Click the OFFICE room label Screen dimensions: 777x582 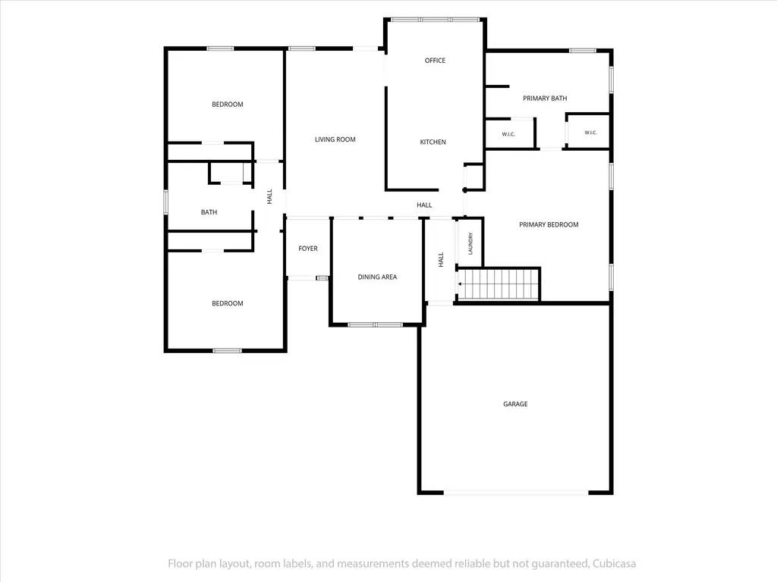(x=435, y=61)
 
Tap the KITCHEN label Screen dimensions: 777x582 (x=433, y=142)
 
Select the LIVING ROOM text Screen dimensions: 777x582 (x=335, y=139)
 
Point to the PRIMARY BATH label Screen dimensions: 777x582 (x=545, y=99)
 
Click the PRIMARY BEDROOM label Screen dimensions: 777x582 (x=549, y=224)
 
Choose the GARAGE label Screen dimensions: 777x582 (x=515, y=404)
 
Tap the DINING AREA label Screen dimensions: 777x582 (x=377, y=277)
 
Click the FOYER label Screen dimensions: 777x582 (x=308, y=249)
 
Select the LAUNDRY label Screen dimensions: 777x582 (x=470, y=243)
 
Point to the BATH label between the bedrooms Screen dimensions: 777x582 (x=209, y=212)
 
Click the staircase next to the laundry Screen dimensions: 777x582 (x=498, y=284)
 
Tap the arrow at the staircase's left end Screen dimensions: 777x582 (x=460, y=284)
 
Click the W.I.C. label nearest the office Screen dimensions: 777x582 (x=508, y=134)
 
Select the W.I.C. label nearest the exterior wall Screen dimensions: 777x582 (x=590, y=133)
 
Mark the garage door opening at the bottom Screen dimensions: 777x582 (x=516, y=493)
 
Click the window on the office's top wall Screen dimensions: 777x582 (x=435, y=20)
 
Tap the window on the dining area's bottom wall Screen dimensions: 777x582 (x=375, y=324)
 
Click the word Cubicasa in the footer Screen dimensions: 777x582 (x=615, y=564)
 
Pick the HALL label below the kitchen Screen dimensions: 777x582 (x=424, y=205)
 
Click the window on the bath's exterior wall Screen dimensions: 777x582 (x=166, y=202)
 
